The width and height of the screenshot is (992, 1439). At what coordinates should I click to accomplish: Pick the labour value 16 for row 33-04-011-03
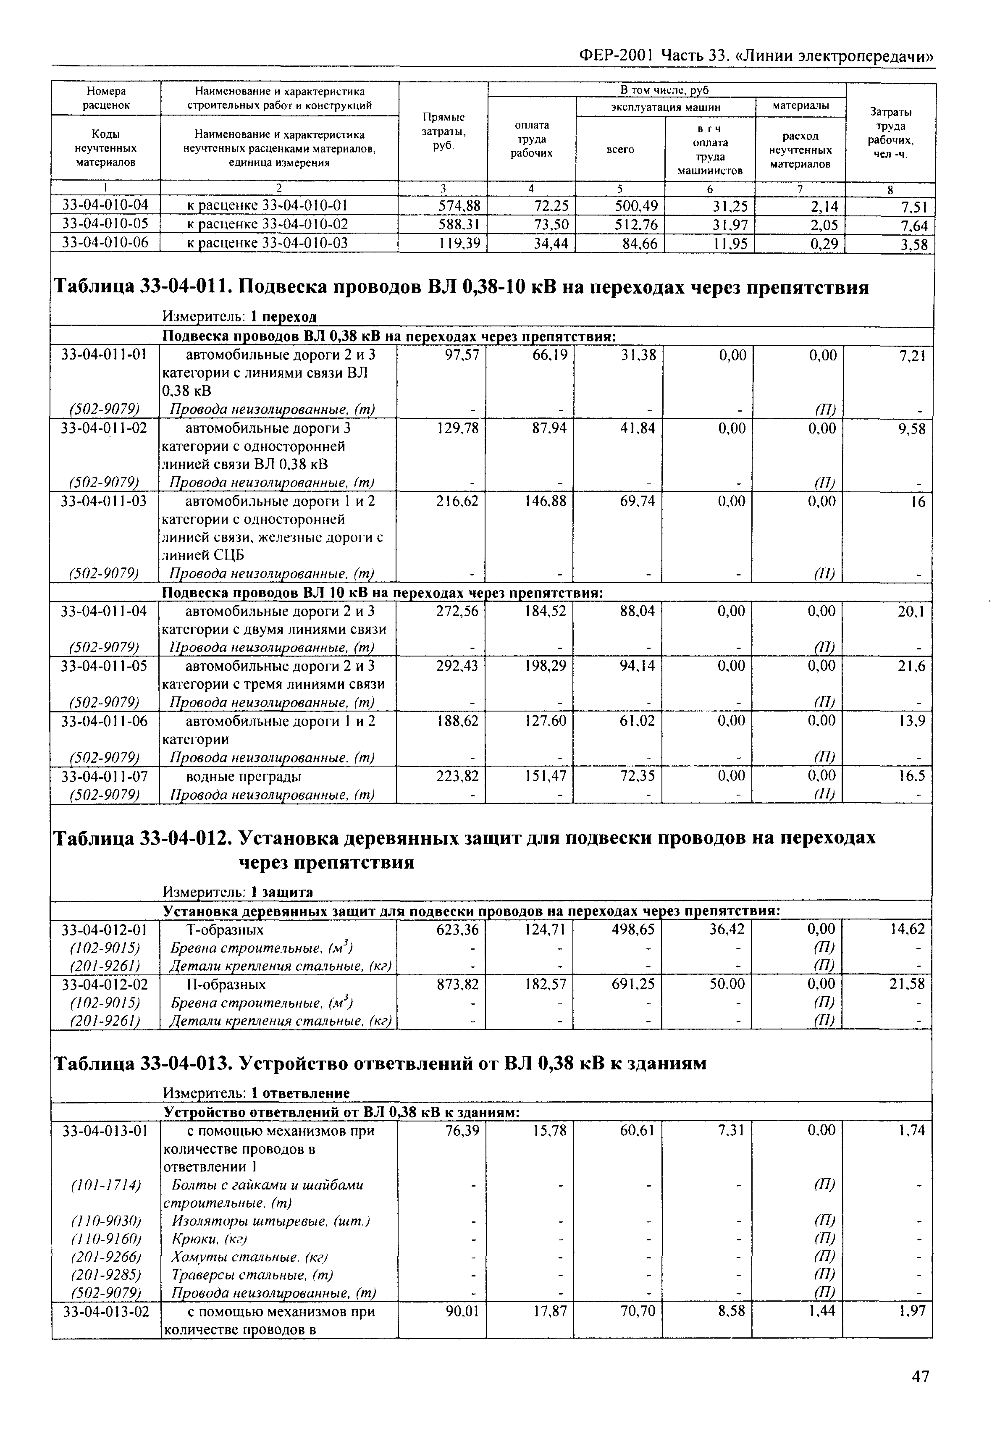pos(918,502)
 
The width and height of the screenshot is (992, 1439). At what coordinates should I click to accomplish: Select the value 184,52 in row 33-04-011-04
pos(545,612)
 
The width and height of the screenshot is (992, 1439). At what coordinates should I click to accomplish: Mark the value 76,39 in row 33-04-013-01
pos(463,1131)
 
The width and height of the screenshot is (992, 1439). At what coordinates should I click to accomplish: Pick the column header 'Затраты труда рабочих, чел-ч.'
pos(890,132)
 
